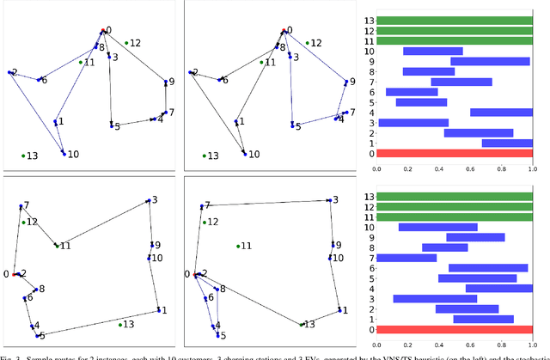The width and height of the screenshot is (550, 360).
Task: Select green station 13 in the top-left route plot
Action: [x=23, y=156]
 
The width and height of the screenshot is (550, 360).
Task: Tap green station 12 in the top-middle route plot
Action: [x=307, y=42]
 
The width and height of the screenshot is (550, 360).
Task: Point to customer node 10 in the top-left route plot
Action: [x=64, y=152]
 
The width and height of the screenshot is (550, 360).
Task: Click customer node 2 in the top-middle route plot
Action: [x=190, y=73]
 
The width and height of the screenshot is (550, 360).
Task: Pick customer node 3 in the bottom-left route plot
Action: [x=148, y=199]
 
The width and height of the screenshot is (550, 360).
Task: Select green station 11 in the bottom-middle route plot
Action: [x=239, y=246]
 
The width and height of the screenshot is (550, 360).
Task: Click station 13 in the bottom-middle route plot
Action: [x=302, y=324]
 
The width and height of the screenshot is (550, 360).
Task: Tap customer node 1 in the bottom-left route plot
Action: [x=157, y=309]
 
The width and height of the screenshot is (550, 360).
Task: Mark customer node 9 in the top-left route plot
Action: [x=165, y=83]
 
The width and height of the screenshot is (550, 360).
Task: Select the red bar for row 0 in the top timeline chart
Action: [x=455, y=153]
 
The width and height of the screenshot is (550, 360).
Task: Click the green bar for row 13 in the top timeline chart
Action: [x=455, y=21]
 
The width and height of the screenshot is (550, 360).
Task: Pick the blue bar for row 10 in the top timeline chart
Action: [x=433, y=51]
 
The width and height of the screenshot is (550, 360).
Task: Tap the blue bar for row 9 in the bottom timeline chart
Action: [x=475, y=237]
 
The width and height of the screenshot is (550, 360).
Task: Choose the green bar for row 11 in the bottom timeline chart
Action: [x=455, y=217]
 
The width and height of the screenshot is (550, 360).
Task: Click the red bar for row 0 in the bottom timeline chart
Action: [x=455, y=329]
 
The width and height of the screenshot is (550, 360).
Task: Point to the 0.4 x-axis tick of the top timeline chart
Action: [x=439, y=170]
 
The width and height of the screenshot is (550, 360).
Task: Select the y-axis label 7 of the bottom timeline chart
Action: [x=370, y=258]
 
